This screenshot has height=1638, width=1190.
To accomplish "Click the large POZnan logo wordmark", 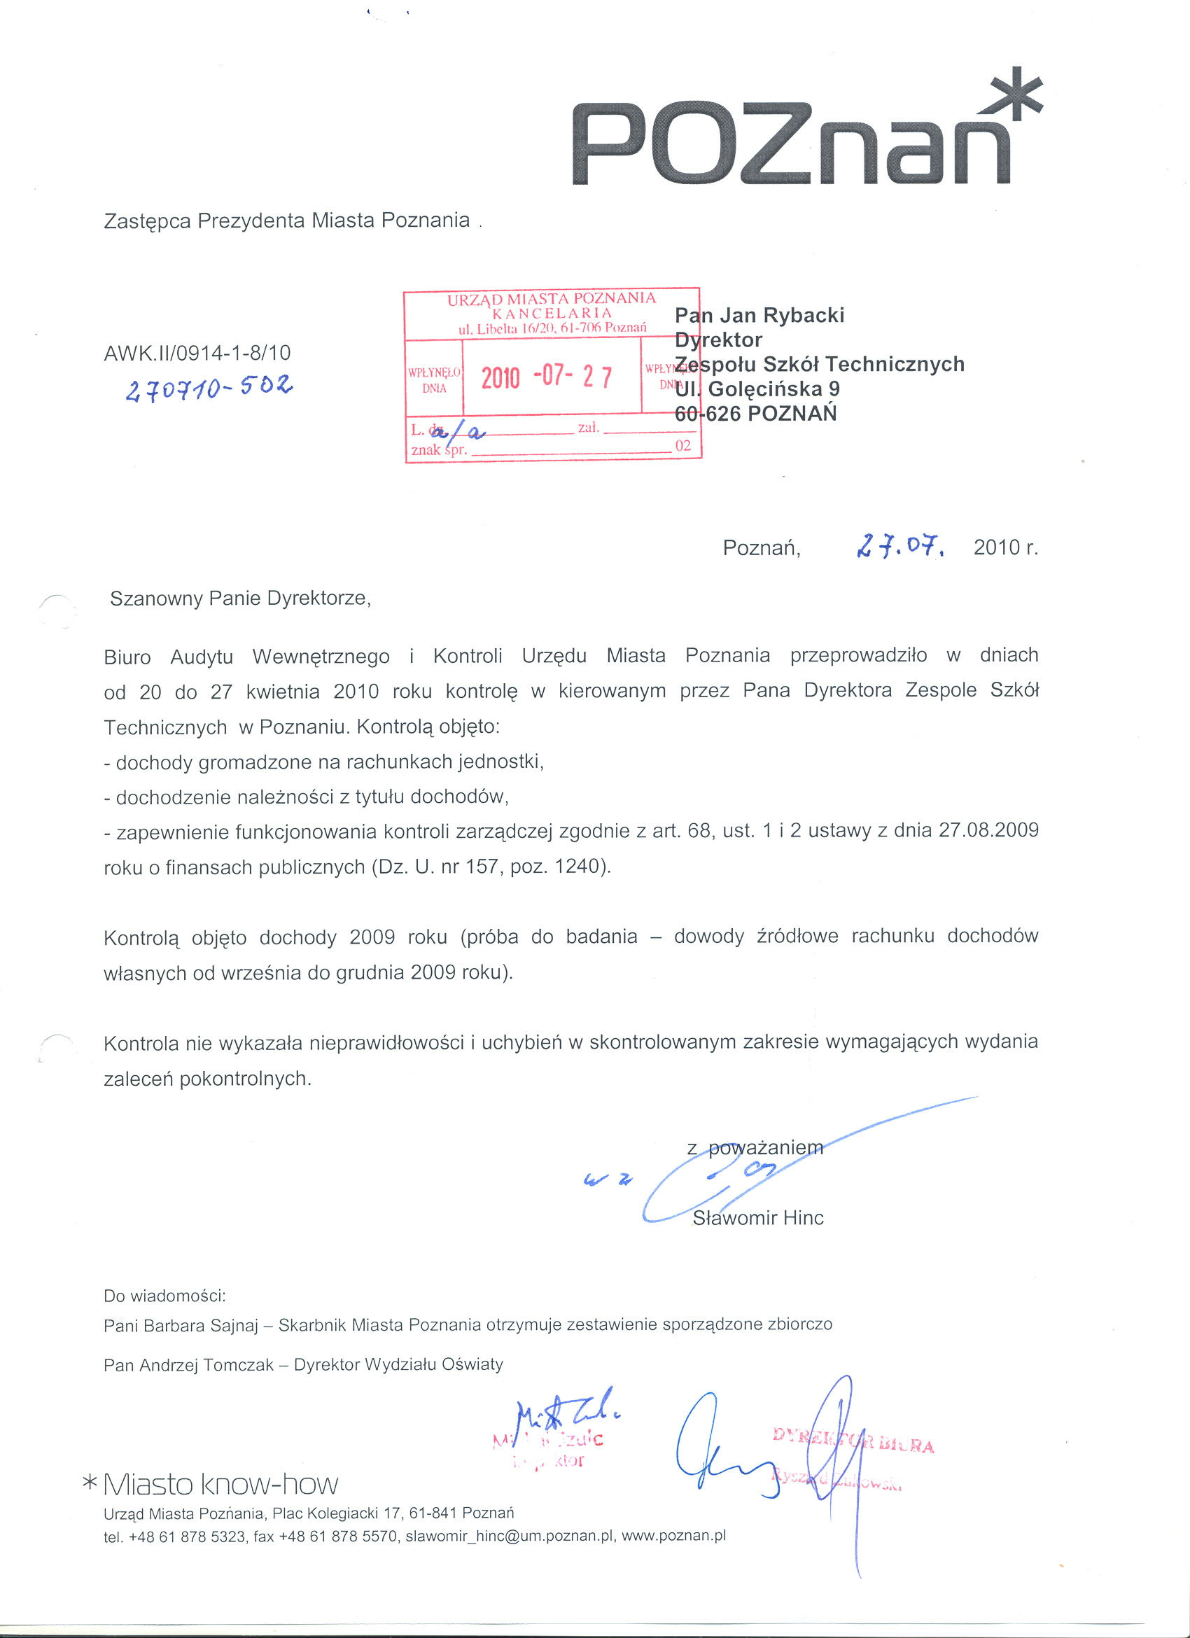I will [791, 144].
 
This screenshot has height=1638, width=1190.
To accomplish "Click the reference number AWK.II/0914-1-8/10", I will [197, 353].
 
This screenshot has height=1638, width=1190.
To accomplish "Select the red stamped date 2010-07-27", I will [547, 377].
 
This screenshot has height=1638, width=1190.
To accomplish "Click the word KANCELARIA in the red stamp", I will [552, 314].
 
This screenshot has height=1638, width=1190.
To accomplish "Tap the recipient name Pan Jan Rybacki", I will [759, 316].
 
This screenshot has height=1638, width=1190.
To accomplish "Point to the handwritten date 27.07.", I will [899, 546].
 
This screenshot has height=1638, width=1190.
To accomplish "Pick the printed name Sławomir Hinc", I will [758, 1219].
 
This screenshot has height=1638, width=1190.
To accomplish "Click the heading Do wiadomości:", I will [165, 1296].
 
